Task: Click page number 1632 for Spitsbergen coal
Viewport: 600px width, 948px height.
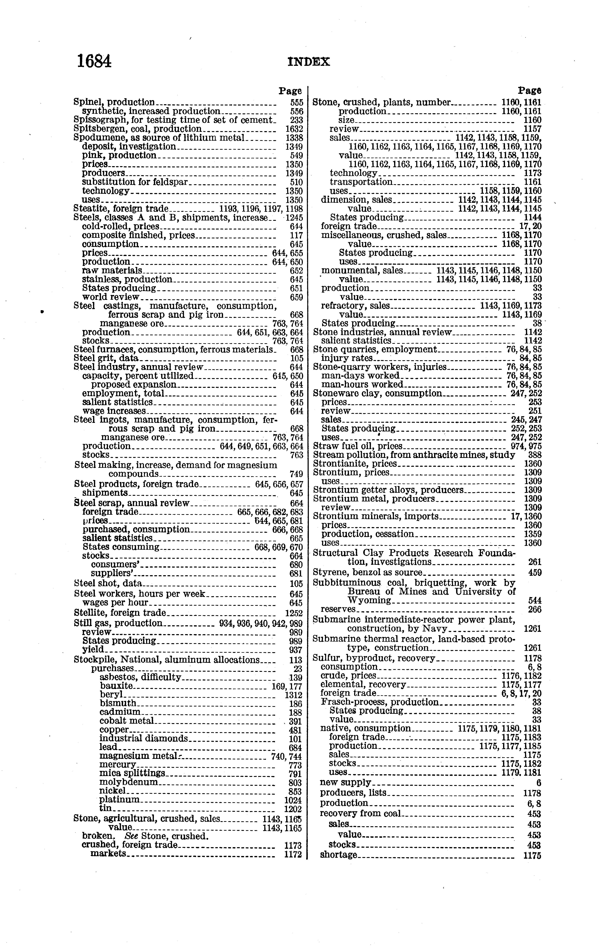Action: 294,129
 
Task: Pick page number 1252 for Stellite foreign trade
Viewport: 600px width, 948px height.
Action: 294,613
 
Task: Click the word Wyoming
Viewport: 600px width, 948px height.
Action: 369,600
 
